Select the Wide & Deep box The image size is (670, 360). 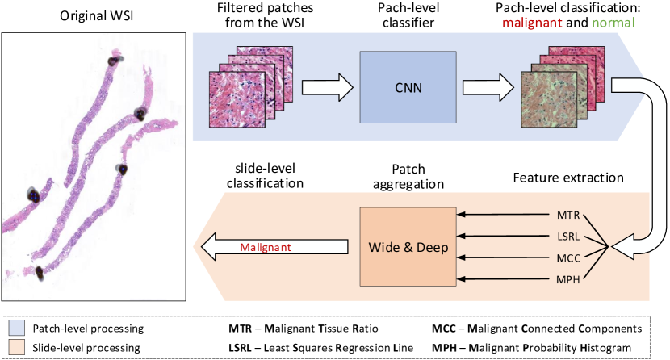(x=407, y=247)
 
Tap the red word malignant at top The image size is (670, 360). (x=532, y=23)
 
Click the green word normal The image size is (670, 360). (x=613, y=23)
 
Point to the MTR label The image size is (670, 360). (x=567, y=216)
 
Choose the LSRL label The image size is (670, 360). (x=567, y=237)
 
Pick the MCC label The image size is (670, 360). (x=567, y=258)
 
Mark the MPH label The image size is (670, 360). (x=567, y=279)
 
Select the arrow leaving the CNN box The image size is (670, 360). (x=488, y=85)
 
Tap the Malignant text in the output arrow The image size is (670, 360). (x=266, y=247)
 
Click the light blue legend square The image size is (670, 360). (x=17, y=328)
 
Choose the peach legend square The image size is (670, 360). (x=17, y=346)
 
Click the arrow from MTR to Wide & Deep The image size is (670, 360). (x=500, y=216)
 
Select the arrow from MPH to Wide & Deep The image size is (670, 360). (x=500, y=279)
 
